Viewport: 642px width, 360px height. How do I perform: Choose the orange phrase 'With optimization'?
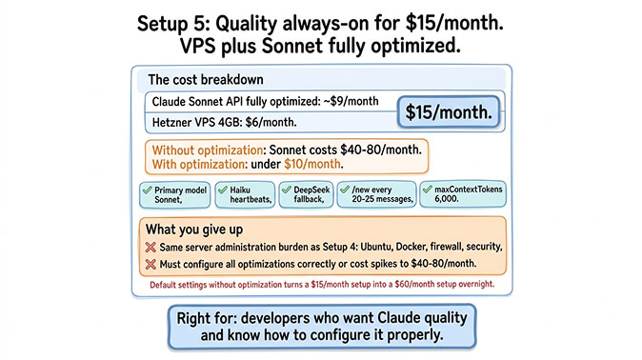[195, 165]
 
